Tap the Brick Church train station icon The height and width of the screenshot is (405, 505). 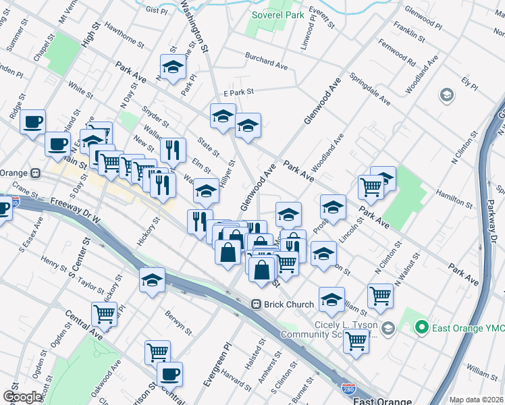tap(257, 304)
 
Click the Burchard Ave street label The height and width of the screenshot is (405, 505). tap(267, 61)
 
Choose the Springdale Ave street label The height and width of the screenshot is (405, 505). tap(371, 90)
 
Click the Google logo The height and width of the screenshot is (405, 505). tap(22, 397)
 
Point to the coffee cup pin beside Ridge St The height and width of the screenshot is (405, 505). tap(32, 122)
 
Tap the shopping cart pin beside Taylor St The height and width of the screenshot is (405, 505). tap(104, 313)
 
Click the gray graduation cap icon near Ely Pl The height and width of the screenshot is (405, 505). tap(446, 95)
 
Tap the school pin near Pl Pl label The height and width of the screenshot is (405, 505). tap(172, 67)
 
